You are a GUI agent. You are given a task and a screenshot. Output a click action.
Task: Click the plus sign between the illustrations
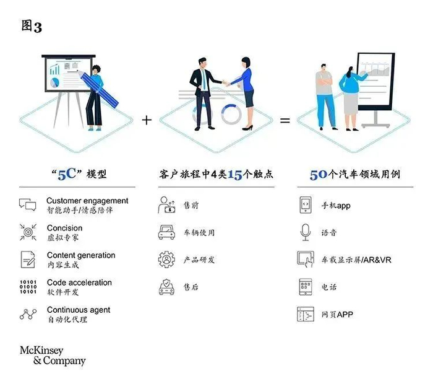point(147,120)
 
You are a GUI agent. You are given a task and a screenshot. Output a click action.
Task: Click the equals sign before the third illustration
point(285,120)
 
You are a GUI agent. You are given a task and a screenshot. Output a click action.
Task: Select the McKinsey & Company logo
point(53,354)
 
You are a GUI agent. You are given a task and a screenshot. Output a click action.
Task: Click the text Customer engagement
point(87,201)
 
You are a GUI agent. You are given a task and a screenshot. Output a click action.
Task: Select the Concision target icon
point(28,232)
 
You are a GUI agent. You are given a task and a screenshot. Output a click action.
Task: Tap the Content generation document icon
point(28,259)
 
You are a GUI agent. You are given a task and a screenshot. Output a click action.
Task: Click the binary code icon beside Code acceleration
point(28,287)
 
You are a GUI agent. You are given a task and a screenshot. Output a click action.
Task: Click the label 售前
point(192,205)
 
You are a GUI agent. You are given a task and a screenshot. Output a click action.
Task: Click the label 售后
point(192,287)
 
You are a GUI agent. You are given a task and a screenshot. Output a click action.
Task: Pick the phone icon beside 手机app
point(305,204)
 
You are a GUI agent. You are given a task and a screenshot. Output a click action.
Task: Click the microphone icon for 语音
point(305,232)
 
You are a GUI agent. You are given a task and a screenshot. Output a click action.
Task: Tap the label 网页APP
point(337,314)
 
